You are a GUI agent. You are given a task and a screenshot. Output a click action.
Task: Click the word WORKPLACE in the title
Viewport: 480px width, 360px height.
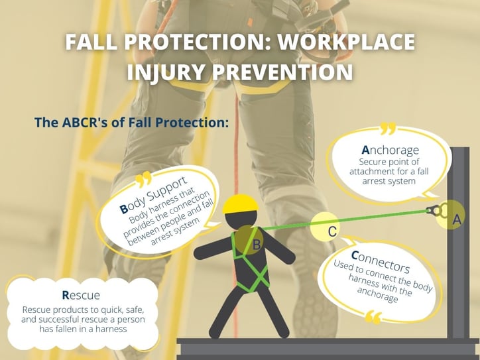point(345,42)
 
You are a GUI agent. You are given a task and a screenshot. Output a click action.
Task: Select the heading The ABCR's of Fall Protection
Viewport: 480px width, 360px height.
point(132,122)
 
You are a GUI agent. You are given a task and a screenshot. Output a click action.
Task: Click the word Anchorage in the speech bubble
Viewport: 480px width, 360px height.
point(390,150)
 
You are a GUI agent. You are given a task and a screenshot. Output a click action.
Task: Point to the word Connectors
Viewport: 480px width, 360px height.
point(381,262)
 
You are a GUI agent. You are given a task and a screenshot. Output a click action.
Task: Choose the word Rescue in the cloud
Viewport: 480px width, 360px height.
point(81,295)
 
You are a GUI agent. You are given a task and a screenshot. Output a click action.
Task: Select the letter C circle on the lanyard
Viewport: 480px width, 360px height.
point(326,227)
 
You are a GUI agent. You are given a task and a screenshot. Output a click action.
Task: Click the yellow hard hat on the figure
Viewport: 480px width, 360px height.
point(240,204)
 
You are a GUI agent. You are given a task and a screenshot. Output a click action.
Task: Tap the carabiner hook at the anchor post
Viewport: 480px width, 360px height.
point(434,210)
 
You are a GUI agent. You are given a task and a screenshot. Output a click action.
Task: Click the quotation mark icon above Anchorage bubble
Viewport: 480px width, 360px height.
point(388,128)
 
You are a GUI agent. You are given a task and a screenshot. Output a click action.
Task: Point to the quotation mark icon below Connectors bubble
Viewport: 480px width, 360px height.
point(373,318)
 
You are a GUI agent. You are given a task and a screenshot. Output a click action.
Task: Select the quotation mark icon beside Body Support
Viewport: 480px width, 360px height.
point(144,180)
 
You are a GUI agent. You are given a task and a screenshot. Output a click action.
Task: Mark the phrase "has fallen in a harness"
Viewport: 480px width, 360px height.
point(83,330)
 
